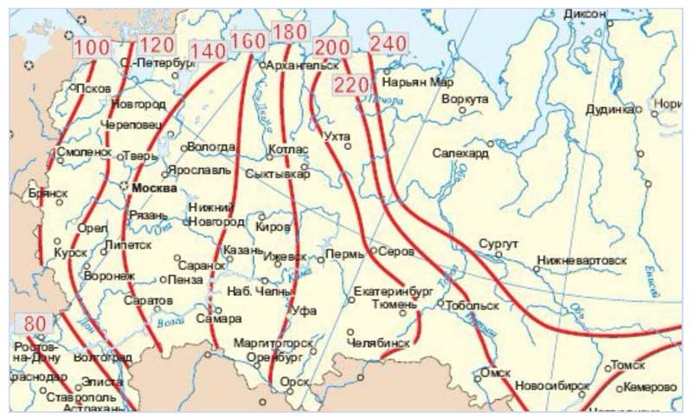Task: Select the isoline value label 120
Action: (156, 45)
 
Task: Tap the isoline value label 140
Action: (208, 51)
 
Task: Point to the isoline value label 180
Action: (288, 31)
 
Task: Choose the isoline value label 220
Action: (350, 84)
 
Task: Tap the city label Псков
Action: (93, 88)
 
